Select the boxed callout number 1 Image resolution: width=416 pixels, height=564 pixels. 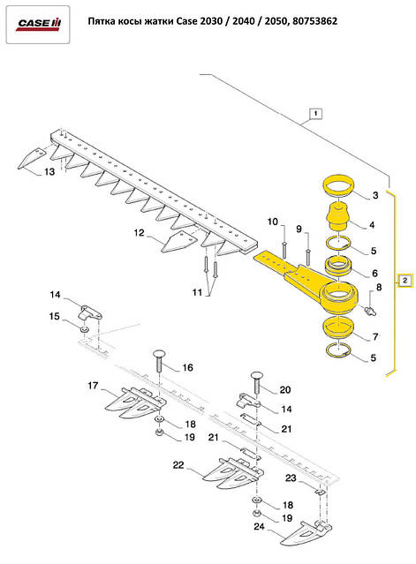click(315, 114)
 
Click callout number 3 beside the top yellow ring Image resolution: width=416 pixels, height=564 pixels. click(375, 194)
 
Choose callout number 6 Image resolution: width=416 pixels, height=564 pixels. click(375, 274)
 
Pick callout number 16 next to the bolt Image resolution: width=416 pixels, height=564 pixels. click(187, 367)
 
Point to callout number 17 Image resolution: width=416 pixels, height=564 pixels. click(92, 386)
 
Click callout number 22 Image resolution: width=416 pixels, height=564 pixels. click(178, 466)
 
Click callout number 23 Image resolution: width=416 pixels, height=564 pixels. click(291, 478)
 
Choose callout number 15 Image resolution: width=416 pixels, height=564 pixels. click(53, 316)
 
